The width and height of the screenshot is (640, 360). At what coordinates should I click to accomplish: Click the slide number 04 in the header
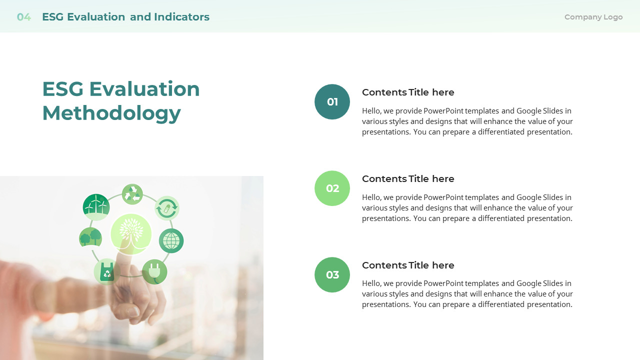[x=23, y=17]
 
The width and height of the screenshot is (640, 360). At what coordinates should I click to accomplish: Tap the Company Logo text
[x=593, y=17]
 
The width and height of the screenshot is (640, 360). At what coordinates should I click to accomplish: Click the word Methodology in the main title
[x=111, y=113]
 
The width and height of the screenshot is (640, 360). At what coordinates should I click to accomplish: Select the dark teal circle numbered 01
[x=332, y=102]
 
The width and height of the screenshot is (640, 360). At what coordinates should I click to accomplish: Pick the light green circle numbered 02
[x=332, y=188]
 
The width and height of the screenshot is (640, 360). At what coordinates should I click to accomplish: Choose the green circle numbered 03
[x=332, y=275]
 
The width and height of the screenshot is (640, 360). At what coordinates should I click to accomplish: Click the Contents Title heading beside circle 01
[x=408, y=92]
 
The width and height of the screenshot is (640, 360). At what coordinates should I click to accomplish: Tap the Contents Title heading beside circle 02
[x=408, y=179]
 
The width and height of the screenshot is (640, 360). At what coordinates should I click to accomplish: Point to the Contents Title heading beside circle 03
[x=408, y=265]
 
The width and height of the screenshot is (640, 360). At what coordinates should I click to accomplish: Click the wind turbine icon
[x=96, y=207]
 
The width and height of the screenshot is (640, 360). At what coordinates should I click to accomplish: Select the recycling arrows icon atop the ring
[x=132, y=194]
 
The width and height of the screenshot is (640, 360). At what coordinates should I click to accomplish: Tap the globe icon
[x=171, y=240]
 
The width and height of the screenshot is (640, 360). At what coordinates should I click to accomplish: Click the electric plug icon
[x=154, y=271]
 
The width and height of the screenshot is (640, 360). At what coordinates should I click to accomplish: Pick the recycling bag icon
[x=106, y=271]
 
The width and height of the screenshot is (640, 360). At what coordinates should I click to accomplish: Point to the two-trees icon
[x=90, y=237]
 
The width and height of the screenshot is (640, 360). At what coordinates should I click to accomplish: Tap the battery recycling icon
[x=166, y=208]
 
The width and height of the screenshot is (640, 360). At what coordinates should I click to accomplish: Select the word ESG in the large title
[x=62, y=89]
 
